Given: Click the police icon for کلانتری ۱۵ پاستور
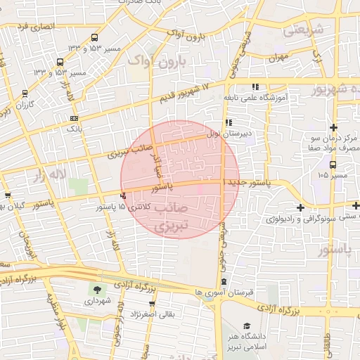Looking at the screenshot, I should [x=124, y=196].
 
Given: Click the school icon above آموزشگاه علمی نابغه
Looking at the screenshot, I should [x=255, y=86].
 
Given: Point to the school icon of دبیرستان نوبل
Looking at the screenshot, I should [x=229, y=122].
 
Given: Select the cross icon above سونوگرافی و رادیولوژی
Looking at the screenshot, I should [x=301, y=207].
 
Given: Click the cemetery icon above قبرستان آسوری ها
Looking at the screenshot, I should [x=224, y=281].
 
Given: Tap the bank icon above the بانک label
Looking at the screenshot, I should [x=74, y=119].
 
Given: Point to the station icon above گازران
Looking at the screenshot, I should [x=25, y=93].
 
